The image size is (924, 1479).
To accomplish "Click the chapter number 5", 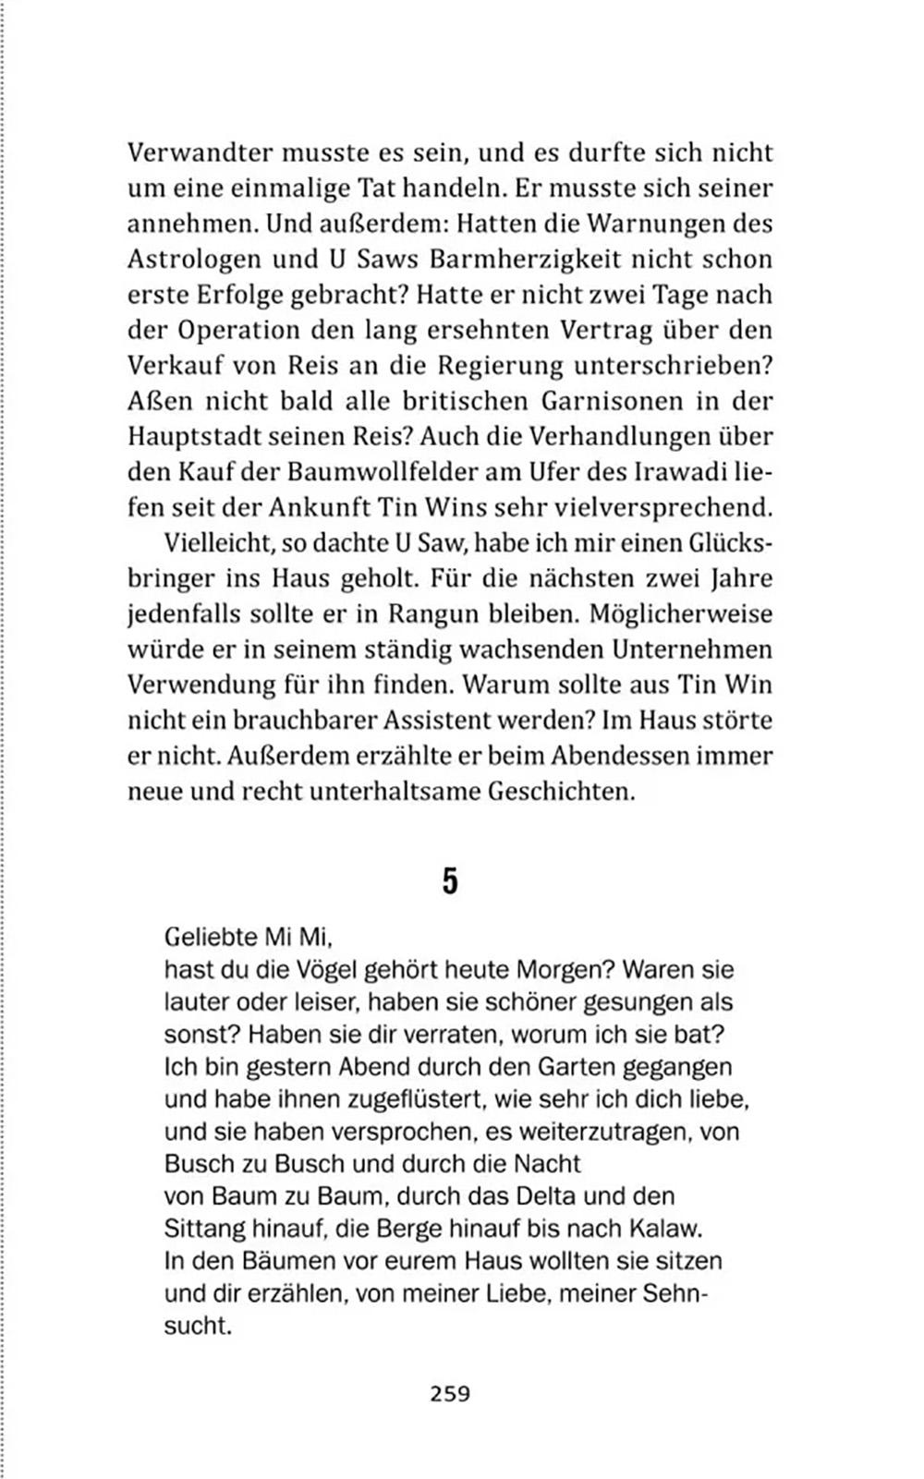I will click(x=450, y=880).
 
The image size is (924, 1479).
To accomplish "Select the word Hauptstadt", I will click(x=191, y=437).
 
